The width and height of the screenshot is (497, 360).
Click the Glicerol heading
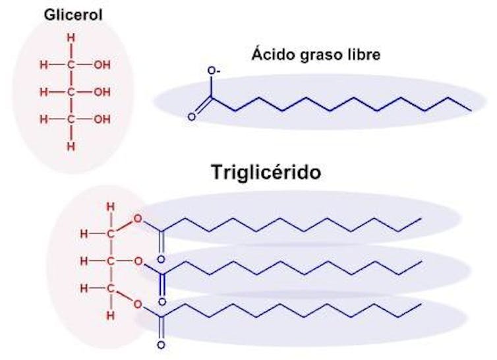coord(73,15)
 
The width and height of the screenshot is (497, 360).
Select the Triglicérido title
coord(266,172)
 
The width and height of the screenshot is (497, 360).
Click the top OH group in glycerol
coord(102,65)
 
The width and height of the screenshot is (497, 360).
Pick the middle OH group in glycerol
coord(102,92)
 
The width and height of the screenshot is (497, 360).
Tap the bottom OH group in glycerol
coord(102,119)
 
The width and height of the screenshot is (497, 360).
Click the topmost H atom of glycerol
coord(71,38)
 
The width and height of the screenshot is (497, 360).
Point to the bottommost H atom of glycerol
coord(71,146)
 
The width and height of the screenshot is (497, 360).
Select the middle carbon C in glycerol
coord(71,92)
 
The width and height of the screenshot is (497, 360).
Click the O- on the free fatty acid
coord(214,71)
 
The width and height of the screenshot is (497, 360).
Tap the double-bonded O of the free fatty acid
coord(191,117)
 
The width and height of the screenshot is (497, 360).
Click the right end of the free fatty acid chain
coord(471,111)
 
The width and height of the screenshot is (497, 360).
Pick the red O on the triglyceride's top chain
coord(138,218)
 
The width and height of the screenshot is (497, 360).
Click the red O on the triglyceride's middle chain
coord(138,261)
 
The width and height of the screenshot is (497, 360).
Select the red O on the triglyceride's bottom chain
coord(138,305)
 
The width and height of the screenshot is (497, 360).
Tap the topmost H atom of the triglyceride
coord(110,207)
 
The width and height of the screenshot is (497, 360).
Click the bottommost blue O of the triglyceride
coord(161,345)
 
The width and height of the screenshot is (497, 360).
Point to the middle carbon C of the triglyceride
coord(110,262)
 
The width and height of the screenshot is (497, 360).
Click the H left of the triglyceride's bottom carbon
coord(84,289)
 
